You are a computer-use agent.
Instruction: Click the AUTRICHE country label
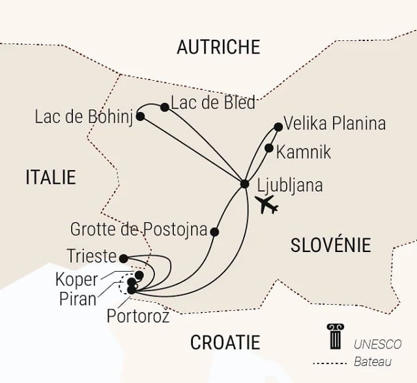pyautogui.click(x=218, y=47)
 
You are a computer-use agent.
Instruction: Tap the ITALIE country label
pyautogui.click(x=51, y=177)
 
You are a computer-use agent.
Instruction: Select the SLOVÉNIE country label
pyautogui.click(x=330, y=245)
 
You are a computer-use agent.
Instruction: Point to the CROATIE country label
pyautogui.click(x=225, y=342)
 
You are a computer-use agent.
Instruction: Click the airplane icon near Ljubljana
pyautogui.click(x=267, y=204)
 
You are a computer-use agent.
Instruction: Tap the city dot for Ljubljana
pyautogui.click(x=244, y=184)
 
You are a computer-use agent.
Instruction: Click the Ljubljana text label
pyautogui.click(x=290, y=185)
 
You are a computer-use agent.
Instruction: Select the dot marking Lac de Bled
pyautogui.click(x=165, y=107)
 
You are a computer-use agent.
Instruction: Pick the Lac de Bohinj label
pyautogui.click(x=85, y=117)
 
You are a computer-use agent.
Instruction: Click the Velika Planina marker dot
pyautogui.click(x=278, y=126)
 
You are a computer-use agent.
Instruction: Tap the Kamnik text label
pyautogui.click(x=304, y=152)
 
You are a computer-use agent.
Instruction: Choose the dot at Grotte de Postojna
pyautogui.click(x=215, y=231)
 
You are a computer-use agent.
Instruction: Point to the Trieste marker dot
pyautogui.click(x=124, y=258)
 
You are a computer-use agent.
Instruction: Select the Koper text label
pyautogui.click(x=78, y=279)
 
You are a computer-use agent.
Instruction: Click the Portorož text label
pyautogui.click(x=137, y=317)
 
